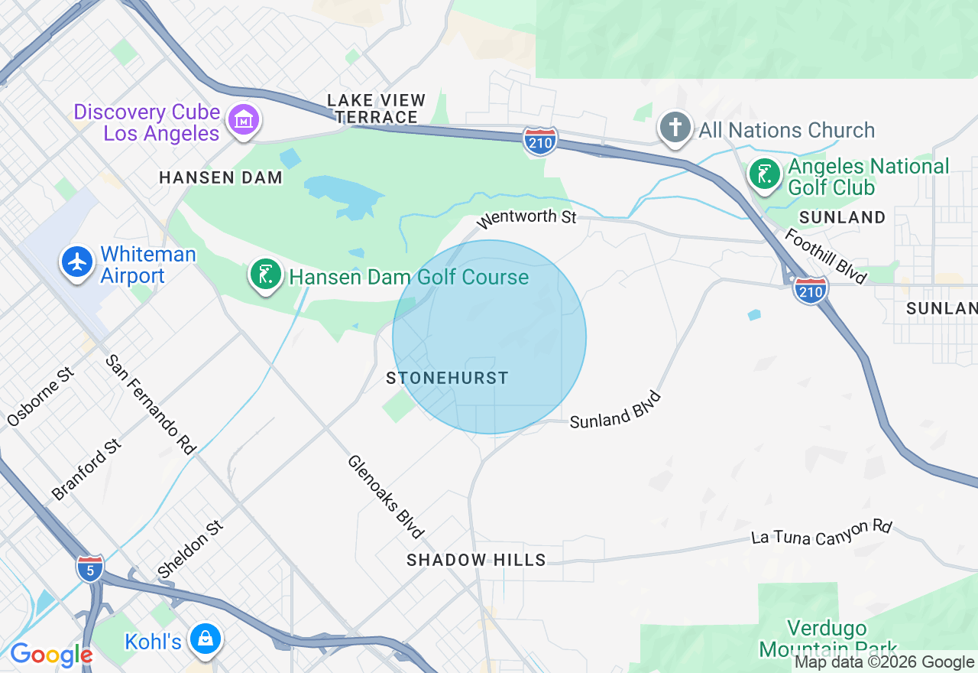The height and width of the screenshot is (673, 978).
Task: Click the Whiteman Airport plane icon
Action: pos(77,262)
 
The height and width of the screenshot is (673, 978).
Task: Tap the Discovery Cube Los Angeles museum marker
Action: pos(243,119)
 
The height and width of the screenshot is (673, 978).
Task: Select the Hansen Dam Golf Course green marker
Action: pos(265,275)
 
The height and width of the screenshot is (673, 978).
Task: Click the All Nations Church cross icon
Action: pos(676,127)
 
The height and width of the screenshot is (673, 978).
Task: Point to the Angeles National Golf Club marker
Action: pos(763,174)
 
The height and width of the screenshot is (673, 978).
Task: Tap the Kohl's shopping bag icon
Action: pos(205,639)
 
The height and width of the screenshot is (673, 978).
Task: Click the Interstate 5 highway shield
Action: pos(90,568)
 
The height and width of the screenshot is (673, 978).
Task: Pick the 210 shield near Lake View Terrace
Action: pos(540,141)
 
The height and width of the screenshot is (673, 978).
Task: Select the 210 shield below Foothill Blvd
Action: pos(810,290)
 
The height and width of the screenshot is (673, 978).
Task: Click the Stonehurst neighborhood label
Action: pos(447,378)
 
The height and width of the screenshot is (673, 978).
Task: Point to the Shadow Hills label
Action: pos(476,560)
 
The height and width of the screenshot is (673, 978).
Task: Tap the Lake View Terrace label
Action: pos(376,109)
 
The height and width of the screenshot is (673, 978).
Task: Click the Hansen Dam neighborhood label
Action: pos(221,177)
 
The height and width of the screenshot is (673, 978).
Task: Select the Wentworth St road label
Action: pos(526,218)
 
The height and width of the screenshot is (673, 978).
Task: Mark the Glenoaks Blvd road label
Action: pos(386,496)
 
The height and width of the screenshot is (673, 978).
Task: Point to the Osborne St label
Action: pos(41,397)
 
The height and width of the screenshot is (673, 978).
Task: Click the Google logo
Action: pos(50,655)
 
